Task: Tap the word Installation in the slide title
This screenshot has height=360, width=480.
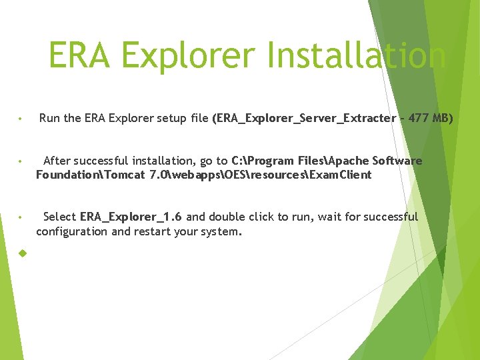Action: coord(356,56)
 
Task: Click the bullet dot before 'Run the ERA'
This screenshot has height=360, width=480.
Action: coord(22,120)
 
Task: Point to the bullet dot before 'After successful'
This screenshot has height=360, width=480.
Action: coord(22,162)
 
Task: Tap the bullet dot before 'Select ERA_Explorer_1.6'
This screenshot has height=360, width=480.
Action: coord(22,218)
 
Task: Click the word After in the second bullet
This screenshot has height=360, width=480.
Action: coord(57,161)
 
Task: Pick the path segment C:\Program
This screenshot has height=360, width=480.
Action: coord(259,161)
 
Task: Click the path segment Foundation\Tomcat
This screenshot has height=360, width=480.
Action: coord(91,175)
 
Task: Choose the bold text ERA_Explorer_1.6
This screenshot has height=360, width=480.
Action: coord(131,217)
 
